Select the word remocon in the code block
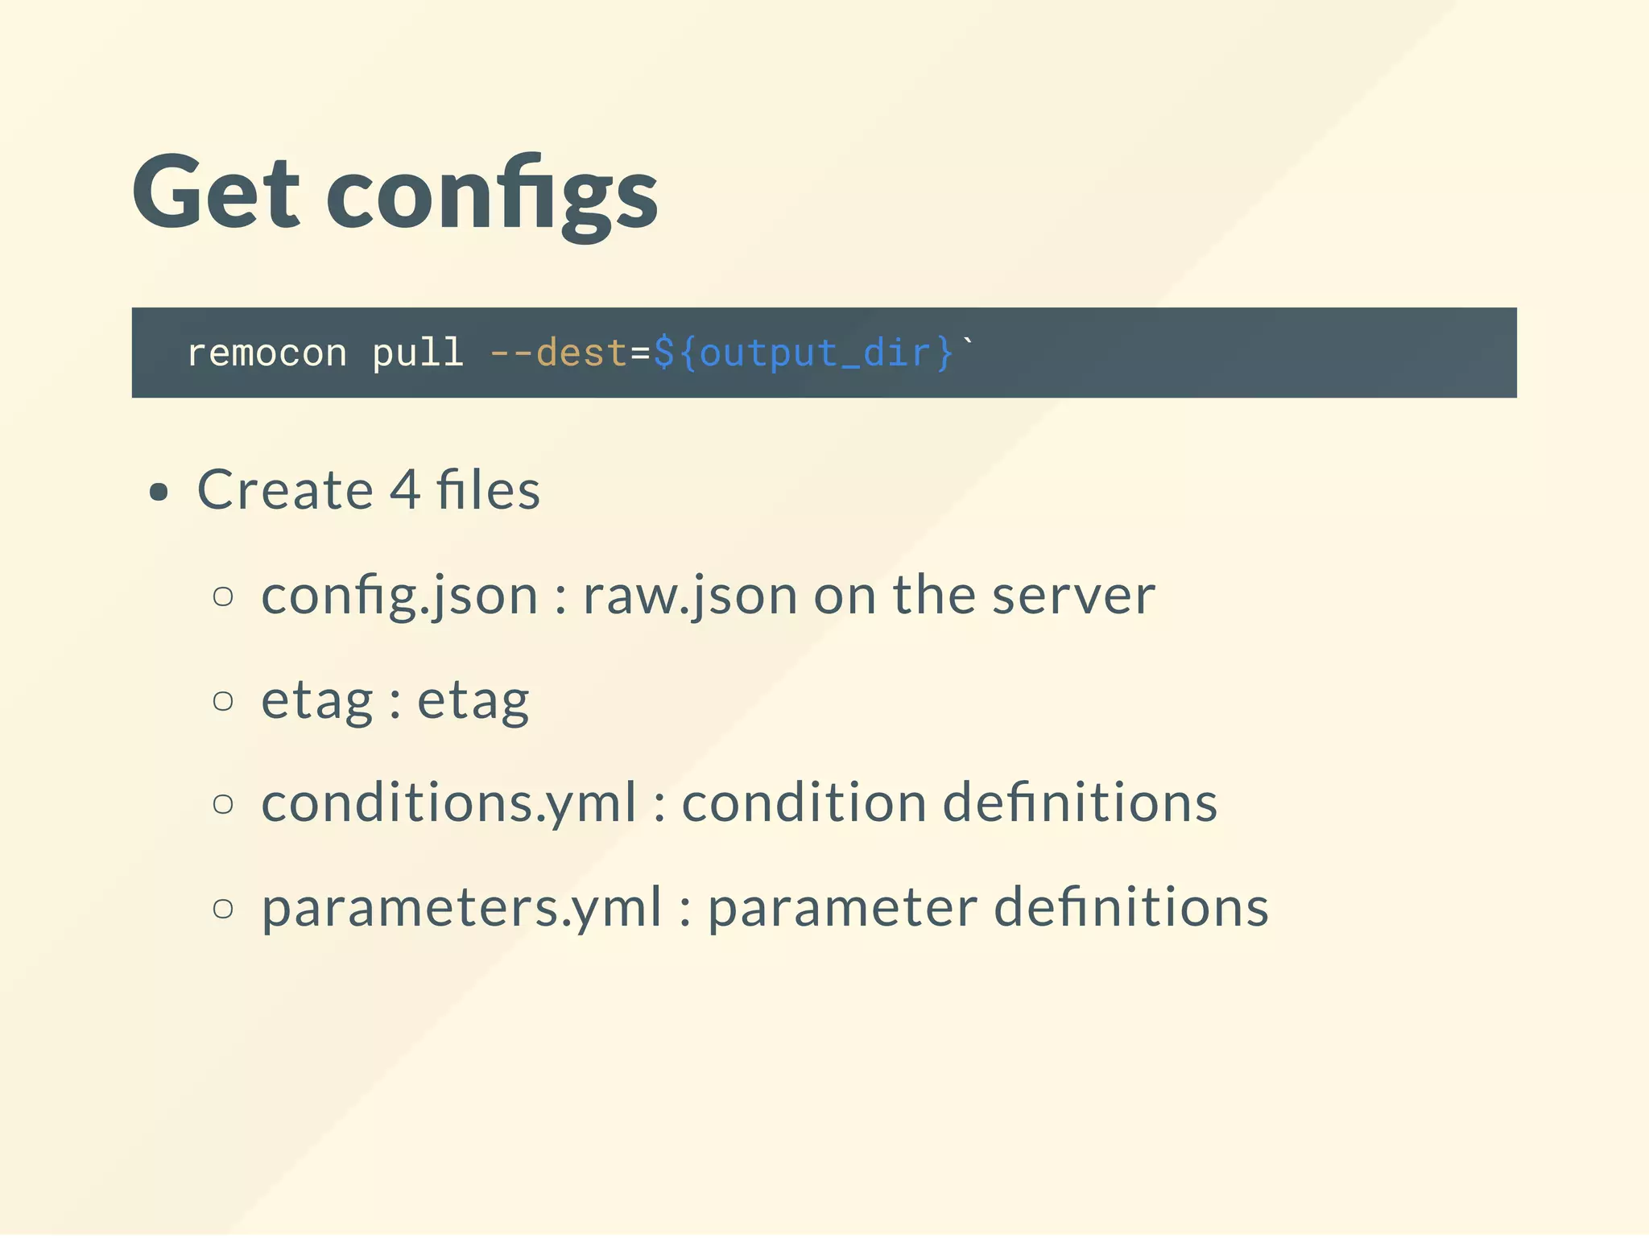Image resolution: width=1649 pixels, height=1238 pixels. [x=267, y=353]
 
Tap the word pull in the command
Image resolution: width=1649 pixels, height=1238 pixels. [x=417, y=353]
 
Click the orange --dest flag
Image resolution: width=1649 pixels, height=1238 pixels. [x=557, y=353]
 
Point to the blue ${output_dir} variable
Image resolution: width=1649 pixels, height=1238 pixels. [x=803, y=353]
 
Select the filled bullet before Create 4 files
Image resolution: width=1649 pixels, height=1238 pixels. [x=159, y=492]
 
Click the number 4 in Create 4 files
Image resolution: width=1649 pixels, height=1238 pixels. [x=404, y=490]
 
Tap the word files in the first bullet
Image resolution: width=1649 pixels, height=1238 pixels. [x=488, y=490]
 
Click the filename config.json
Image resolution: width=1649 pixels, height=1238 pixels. [x=399, y=596]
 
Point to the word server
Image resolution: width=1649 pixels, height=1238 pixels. [x=1073, y=596]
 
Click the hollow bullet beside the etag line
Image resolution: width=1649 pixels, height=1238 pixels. [x=223, y=700]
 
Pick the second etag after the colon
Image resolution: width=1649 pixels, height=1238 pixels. [x=473, y=701]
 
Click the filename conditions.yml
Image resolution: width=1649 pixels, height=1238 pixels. [x=448, y=804]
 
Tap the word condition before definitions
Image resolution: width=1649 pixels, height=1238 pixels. [x=804, y=803]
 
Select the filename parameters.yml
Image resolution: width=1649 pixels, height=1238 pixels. [x=461, y=908]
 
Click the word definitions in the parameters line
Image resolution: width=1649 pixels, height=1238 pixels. [x=1131, y=907]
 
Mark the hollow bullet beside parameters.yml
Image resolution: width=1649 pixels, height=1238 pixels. [x=223, y=908]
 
